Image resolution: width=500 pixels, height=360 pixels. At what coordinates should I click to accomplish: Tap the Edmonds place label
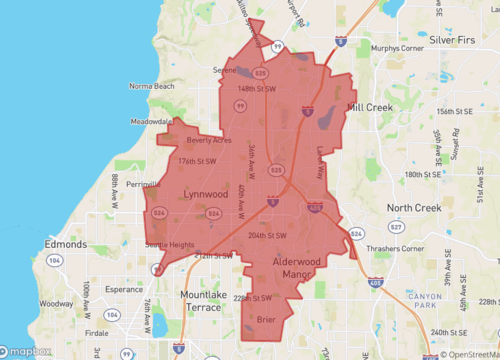coord(67,242)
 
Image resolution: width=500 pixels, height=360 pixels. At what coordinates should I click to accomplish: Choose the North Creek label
coord(414,208)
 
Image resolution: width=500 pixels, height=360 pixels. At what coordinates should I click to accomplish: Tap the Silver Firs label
coord(464,36)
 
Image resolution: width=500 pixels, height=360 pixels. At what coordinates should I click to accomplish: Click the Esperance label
coord(124,288)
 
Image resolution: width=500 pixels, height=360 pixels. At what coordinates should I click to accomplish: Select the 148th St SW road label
coord(255,88)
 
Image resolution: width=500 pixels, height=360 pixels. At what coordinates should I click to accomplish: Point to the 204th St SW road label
coord(267,235)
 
